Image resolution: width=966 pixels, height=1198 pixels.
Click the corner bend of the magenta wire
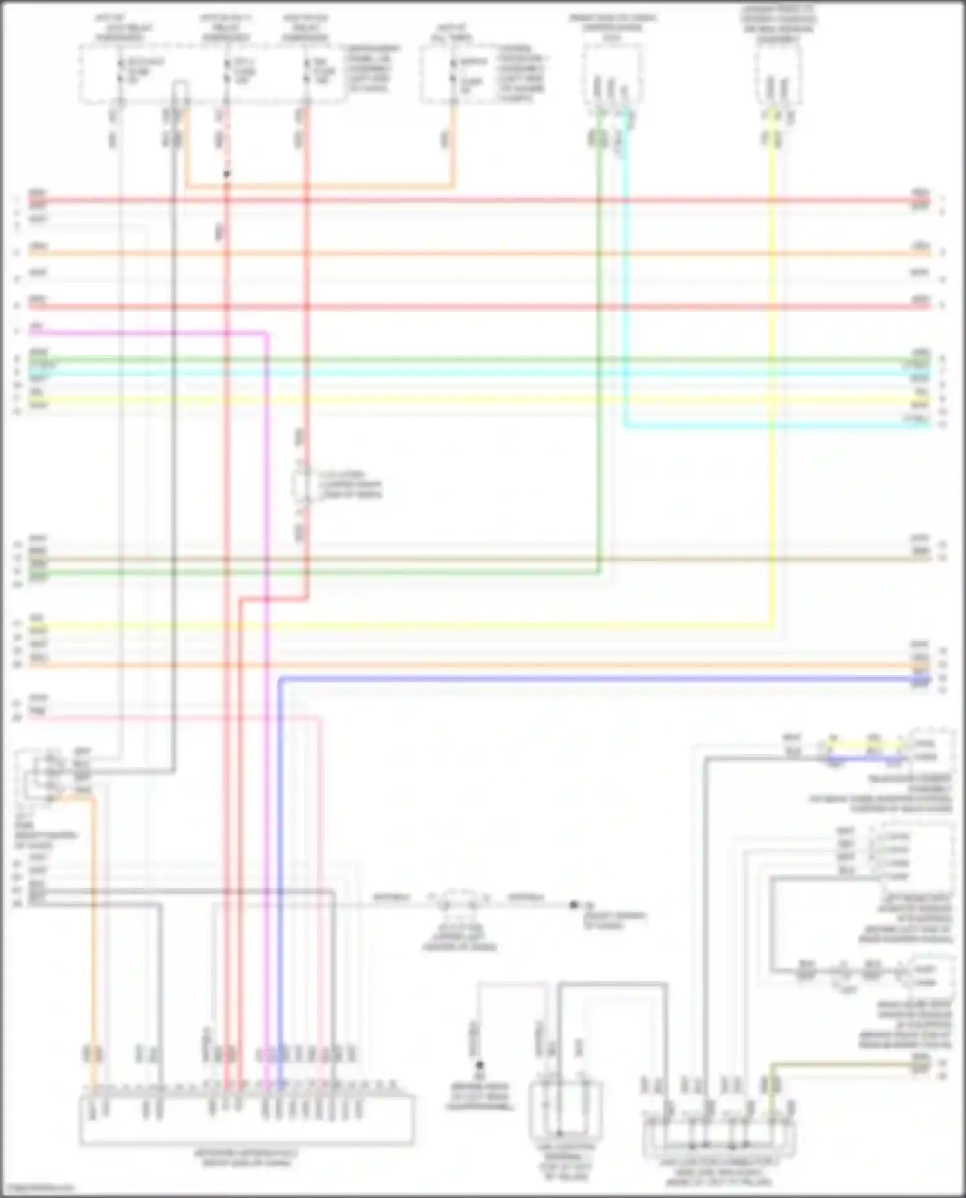click(x=265, y=333)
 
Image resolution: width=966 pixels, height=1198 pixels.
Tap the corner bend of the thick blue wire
click(x=280, y=679)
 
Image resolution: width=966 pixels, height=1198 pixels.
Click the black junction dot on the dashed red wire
click(x=227, y=174)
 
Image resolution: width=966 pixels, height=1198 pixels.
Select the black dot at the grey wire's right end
click(x=573, y=905)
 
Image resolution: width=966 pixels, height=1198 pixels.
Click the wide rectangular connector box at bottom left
click(x=247, y=1121)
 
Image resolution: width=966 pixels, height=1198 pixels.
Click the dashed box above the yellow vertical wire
click(x=779, y=75)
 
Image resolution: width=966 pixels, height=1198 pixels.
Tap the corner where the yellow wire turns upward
click(x=773, y=624)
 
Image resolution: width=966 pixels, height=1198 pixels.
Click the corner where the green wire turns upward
click(x=600, y=572)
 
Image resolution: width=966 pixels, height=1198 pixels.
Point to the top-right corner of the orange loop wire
click(x=453, y=187)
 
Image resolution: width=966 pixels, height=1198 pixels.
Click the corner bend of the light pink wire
click(x=320, y=717)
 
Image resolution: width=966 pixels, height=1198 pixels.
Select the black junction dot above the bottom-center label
click(x=479, y=1065)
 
